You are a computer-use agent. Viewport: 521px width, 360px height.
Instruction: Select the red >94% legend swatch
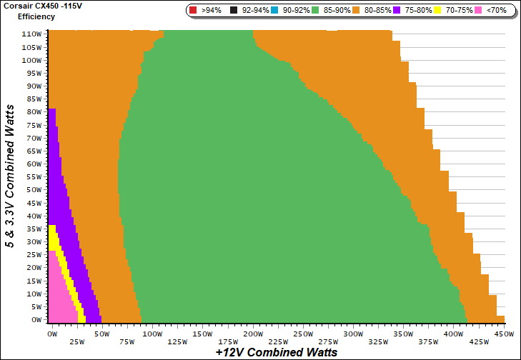193,11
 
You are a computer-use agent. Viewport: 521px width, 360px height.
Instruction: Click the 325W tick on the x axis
378,341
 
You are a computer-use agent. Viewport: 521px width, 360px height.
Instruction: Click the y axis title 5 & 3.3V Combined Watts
11,176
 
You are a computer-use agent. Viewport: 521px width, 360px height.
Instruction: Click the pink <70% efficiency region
59,300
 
